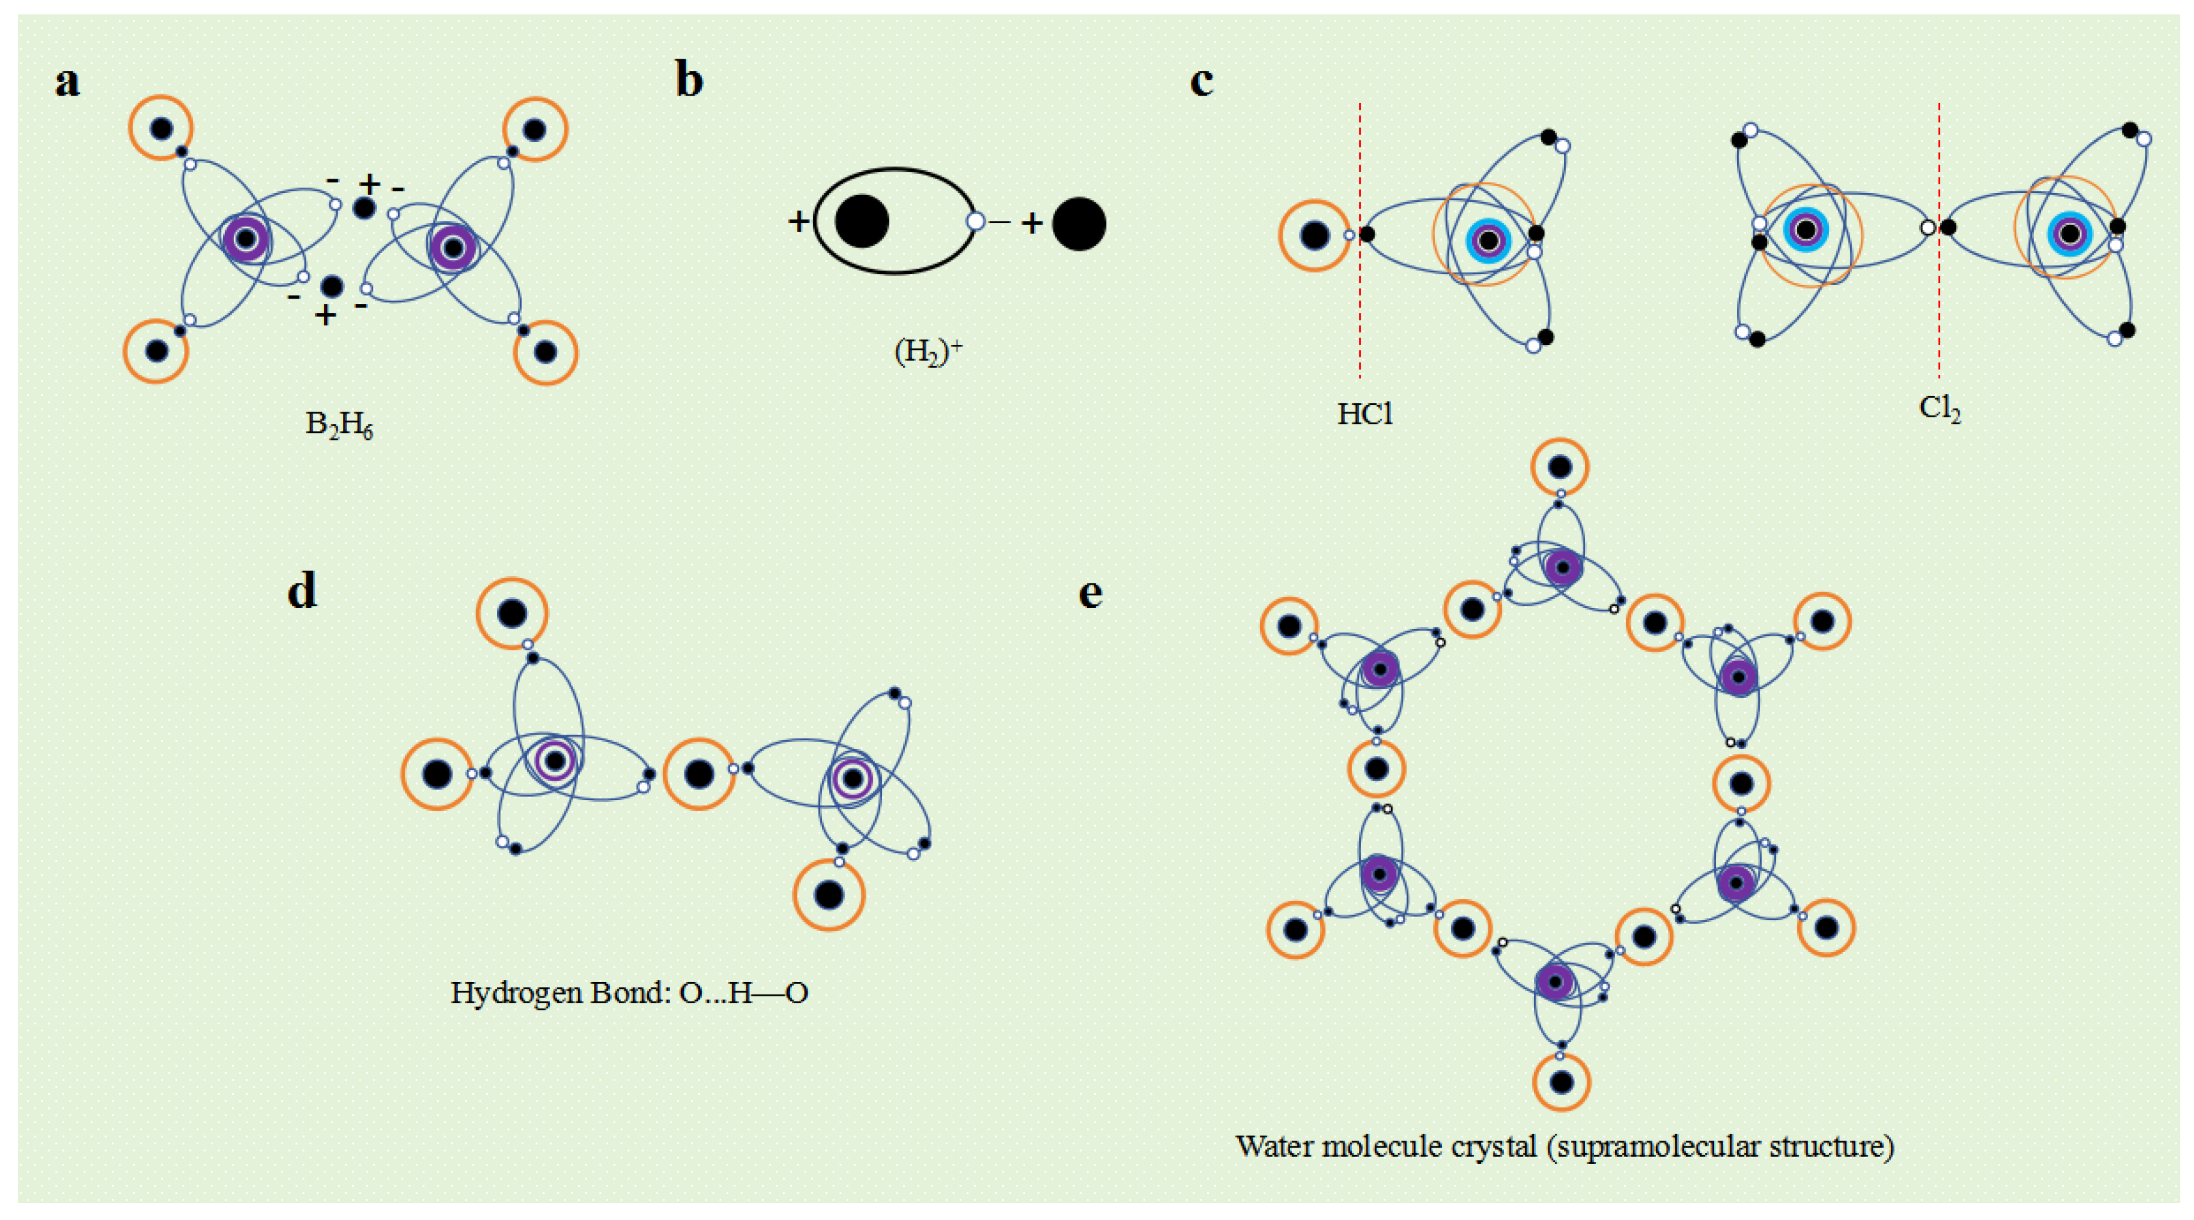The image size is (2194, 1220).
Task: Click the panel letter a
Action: (68, 82)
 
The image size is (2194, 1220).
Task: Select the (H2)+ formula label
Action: (928, 350)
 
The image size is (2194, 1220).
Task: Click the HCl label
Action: (1365, 414)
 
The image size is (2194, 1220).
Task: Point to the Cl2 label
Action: (1940, 409)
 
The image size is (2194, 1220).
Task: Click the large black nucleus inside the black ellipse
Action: (861, 221)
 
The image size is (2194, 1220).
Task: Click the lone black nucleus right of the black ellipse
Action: (1078, 224)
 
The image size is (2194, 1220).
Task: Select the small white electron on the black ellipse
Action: (975, 221)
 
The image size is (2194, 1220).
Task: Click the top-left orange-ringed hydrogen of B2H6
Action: (161, 129)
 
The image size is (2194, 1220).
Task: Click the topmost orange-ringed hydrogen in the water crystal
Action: (1560, 467)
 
